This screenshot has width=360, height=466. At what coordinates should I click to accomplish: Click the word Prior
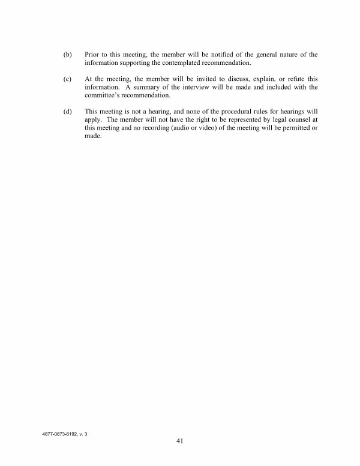[x=93, y=55]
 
